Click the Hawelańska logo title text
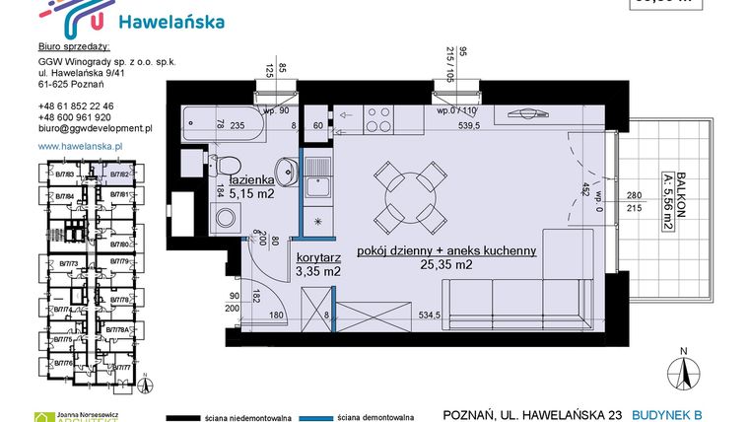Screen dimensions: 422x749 click(170, 21)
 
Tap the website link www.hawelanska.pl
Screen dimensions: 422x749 click(79, 146)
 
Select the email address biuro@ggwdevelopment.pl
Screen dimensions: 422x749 click(94, 128)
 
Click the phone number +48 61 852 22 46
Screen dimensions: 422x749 click(76, 105)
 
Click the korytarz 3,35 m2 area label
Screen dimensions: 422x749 click(318, 263)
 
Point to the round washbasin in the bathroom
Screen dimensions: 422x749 click(284, 168)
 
